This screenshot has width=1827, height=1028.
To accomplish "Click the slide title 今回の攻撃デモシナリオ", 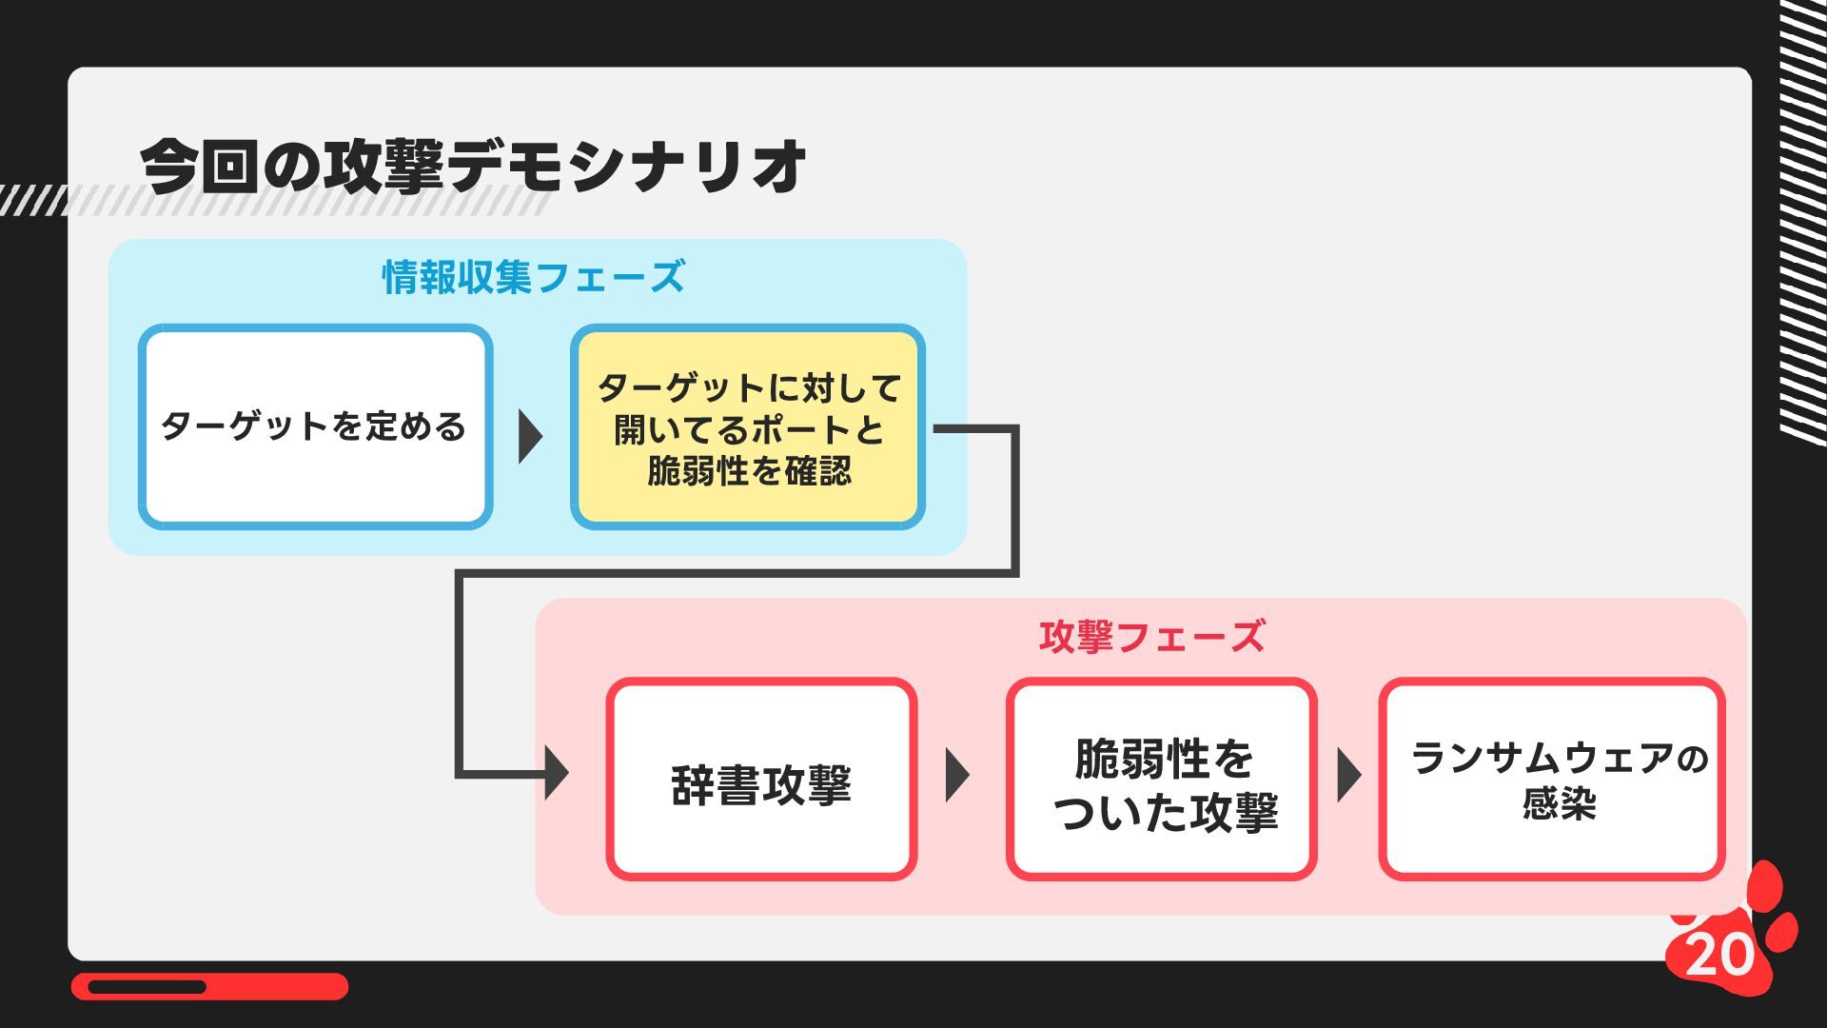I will point(473,167).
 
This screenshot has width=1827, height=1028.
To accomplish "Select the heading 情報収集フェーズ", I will point(533,277).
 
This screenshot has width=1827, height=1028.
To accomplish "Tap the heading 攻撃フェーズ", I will point(1151,637).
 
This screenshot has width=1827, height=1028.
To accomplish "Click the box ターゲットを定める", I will point(315,426).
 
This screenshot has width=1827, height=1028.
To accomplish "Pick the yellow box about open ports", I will point(748,427).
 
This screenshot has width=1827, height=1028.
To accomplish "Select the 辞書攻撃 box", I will point(761,780).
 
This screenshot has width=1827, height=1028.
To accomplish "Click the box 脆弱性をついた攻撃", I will point(1162,780).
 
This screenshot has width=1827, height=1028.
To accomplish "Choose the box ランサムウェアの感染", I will point(1552,780).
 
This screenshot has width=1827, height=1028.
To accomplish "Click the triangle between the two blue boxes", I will point(529,437).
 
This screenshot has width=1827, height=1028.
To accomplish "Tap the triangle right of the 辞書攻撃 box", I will point(956,775).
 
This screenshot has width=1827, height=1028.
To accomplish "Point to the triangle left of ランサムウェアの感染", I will point(1347,775).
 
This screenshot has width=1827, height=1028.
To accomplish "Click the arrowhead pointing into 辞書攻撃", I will point(557,772).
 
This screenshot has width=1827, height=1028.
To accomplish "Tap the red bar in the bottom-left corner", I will point(209,986).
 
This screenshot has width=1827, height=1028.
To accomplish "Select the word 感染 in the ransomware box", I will point(1559,804).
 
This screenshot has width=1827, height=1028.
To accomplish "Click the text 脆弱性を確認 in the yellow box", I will point(749,471).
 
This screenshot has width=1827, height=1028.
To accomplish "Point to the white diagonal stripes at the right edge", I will point(1803,219).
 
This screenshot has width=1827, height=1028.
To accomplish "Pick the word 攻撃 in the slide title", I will point(384,167).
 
